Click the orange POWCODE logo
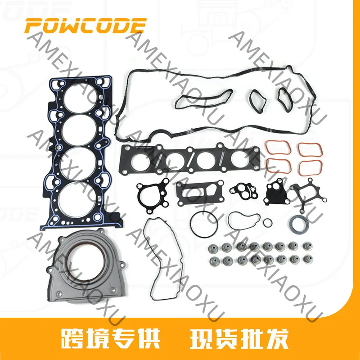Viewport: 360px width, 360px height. click(x=85, y=25)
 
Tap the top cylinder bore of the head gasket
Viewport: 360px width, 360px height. click(x=80, y=99)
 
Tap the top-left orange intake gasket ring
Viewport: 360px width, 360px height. click(x=278, y=148)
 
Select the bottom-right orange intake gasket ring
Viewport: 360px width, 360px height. click(x=310, y=168)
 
